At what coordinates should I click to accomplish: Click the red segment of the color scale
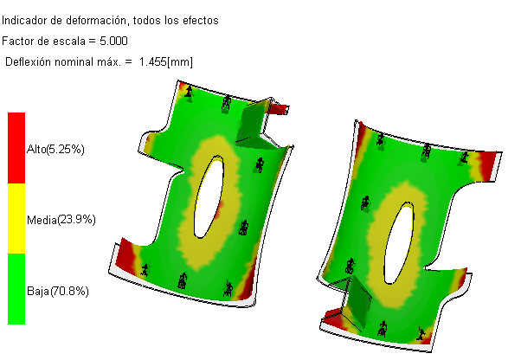point(16,148)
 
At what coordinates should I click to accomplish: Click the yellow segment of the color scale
point(16,218)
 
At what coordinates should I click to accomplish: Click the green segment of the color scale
point(16,289)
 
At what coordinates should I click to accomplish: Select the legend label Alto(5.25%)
point(55,150)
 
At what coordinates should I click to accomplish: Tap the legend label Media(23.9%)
point(61,220)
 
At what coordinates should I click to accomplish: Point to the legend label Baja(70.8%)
point(58,292)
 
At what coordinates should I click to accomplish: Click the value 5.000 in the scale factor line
point(113,42)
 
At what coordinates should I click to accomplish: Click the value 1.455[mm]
point(166,62)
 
